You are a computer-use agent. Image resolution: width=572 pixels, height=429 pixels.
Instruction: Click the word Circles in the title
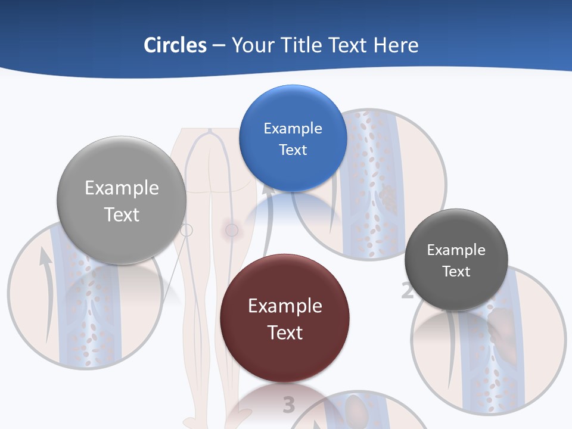point(175,45)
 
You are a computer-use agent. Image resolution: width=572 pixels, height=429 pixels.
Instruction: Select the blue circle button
point(293,138)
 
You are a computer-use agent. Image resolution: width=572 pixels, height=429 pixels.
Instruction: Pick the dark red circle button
point(285,318)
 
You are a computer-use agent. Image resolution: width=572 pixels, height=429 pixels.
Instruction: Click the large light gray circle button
point(122,200)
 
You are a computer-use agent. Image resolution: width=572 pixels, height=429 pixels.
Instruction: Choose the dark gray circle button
point(456,260)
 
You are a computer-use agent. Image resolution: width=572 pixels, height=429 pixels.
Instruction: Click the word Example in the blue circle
point(293,128)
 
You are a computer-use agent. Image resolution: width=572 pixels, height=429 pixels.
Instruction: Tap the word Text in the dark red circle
point(285,332)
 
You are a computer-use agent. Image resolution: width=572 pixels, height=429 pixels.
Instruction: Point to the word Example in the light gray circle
point(122,188)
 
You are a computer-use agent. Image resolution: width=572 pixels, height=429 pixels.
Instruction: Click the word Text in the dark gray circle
point(456,272)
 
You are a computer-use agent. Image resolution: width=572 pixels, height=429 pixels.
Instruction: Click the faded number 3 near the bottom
point(288,405)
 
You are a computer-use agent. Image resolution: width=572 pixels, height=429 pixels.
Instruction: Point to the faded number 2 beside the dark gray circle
point(408,291)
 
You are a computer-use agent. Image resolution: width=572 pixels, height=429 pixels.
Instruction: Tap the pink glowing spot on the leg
point(232,229)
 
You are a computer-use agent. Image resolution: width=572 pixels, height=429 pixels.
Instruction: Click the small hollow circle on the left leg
point(186,230)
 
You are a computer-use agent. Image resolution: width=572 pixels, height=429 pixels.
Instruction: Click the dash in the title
point(219,45)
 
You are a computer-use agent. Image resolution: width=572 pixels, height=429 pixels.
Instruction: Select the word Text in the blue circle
point(293,150)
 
